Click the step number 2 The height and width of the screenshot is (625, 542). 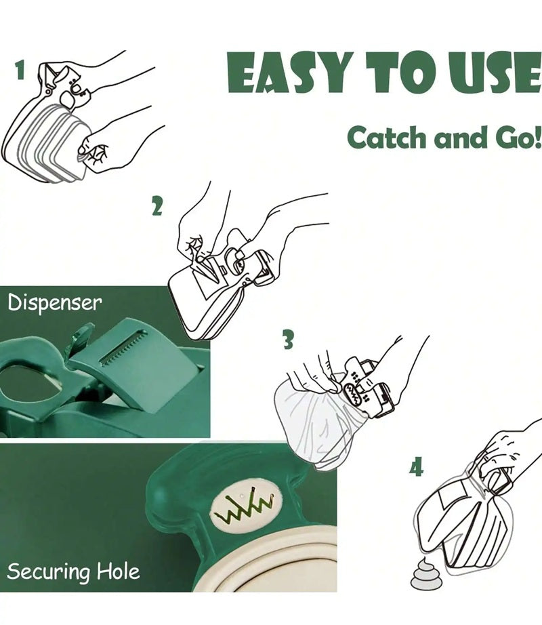coord(157,205)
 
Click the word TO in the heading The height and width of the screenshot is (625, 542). coord(402,72)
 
